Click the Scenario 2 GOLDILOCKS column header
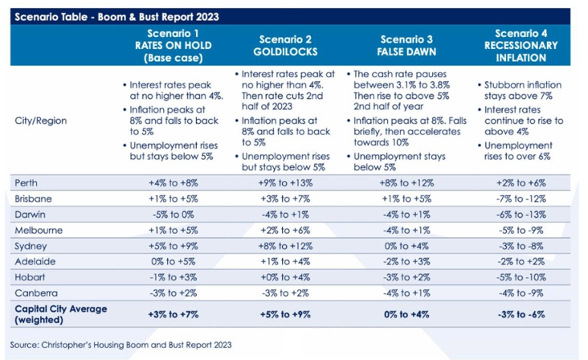285,45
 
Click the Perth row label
27,183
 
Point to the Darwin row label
29,215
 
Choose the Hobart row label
29,276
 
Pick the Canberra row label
33,292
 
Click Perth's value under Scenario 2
285,183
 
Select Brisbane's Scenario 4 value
521,199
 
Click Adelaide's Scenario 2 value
285,261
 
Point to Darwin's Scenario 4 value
521,215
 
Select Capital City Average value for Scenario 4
521,313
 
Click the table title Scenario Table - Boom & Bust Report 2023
116,16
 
